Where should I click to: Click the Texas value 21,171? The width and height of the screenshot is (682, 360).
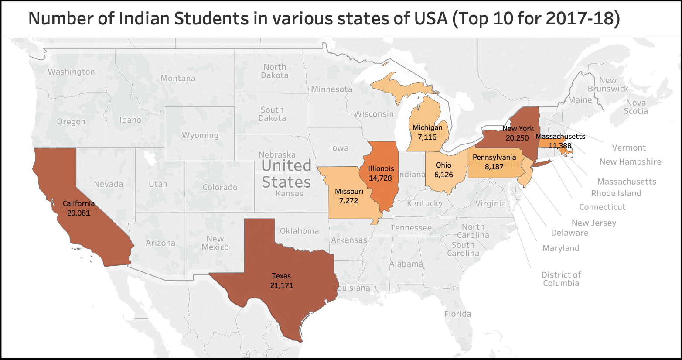282,286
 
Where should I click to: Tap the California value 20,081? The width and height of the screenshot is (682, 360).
78,213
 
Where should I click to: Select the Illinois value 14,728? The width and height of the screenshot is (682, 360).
380,178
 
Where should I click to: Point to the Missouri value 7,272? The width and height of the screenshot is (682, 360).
348,201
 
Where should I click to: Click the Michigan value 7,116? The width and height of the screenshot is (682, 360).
427,137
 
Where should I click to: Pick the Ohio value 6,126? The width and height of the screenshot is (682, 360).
443,175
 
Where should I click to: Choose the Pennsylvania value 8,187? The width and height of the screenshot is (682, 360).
494,167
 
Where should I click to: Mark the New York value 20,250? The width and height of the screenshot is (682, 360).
517,138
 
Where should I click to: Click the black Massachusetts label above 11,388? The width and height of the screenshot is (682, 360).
560,136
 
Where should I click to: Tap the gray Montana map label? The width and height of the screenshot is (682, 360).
178,79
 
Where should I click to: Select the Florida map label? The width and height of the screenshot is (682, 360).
457,314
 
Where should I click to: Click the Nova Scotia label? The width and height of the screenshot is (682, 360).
636,107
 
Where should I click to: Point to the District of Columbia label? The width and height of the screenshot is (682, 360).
561,279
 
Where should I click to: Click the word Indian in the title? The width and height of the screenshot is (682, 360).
143,18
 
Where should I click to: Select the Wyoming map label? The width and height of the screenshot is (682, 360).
200,135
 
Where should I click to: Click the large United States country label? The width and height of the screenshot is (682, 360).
286,174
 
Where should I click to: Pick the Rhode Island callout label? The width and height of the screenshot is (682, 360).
616,193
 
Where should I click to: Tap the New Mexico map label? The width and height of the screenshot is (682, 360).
215,243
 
